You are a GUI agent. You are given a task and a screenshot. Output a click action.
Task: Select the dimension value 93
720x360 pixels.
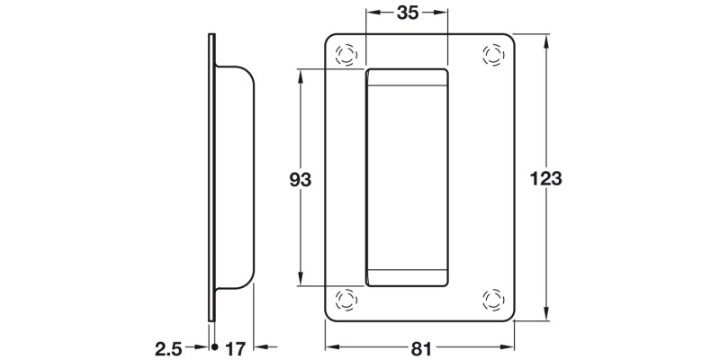[x=300, y=180]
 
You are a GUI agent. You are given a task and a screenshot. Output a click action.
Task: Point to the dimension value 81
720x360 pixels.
[x=418, y=346]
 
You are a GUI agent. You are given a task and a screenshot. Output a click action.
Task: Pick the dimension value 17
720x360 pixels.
[x=236, y=346]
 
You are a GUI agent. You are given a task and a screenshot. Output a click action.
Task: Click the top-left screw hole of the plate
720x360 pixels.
[x=344, y=54]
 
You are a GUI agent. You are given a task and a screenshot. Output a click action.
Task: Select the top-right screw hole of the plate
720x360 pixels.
[x=493, y=54]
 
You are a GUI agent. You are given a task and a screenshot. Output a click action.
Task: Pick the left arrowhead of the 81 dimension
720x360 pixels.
[x=329, y=346]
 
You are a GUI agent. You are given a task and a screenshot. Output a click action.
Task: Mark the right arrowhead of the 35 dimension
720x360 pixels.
[x=442, y=13]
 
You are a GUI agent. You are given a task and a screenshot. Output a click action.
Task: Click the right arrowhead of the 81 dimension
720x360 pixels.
[x=509, y=346]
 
